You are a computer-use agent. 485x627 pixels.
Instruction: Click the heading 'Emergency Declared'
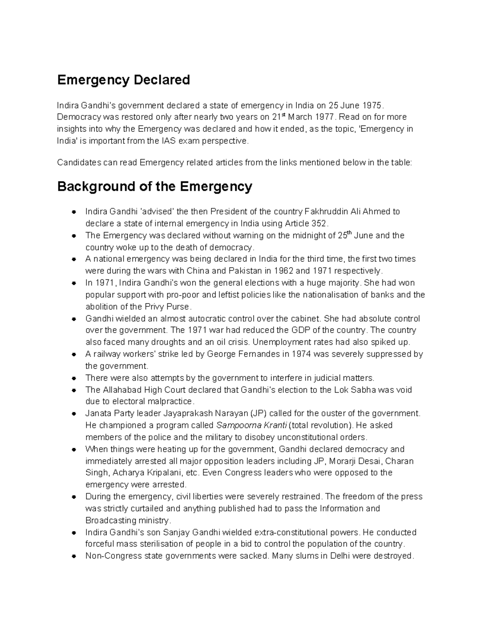tap(123, 80)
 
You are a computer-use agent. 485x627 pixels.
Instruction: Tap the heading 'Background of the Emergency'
tap(154, 187)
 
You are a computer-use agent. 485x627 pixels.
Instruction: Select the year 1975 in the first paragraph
tap(371, 105)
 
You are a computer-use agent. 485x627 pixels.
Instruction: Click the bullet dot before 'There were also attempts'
tap(74, 378)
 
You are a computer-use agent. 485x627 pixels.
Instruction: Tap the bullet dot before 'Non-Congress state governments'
tap(74, 556)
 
